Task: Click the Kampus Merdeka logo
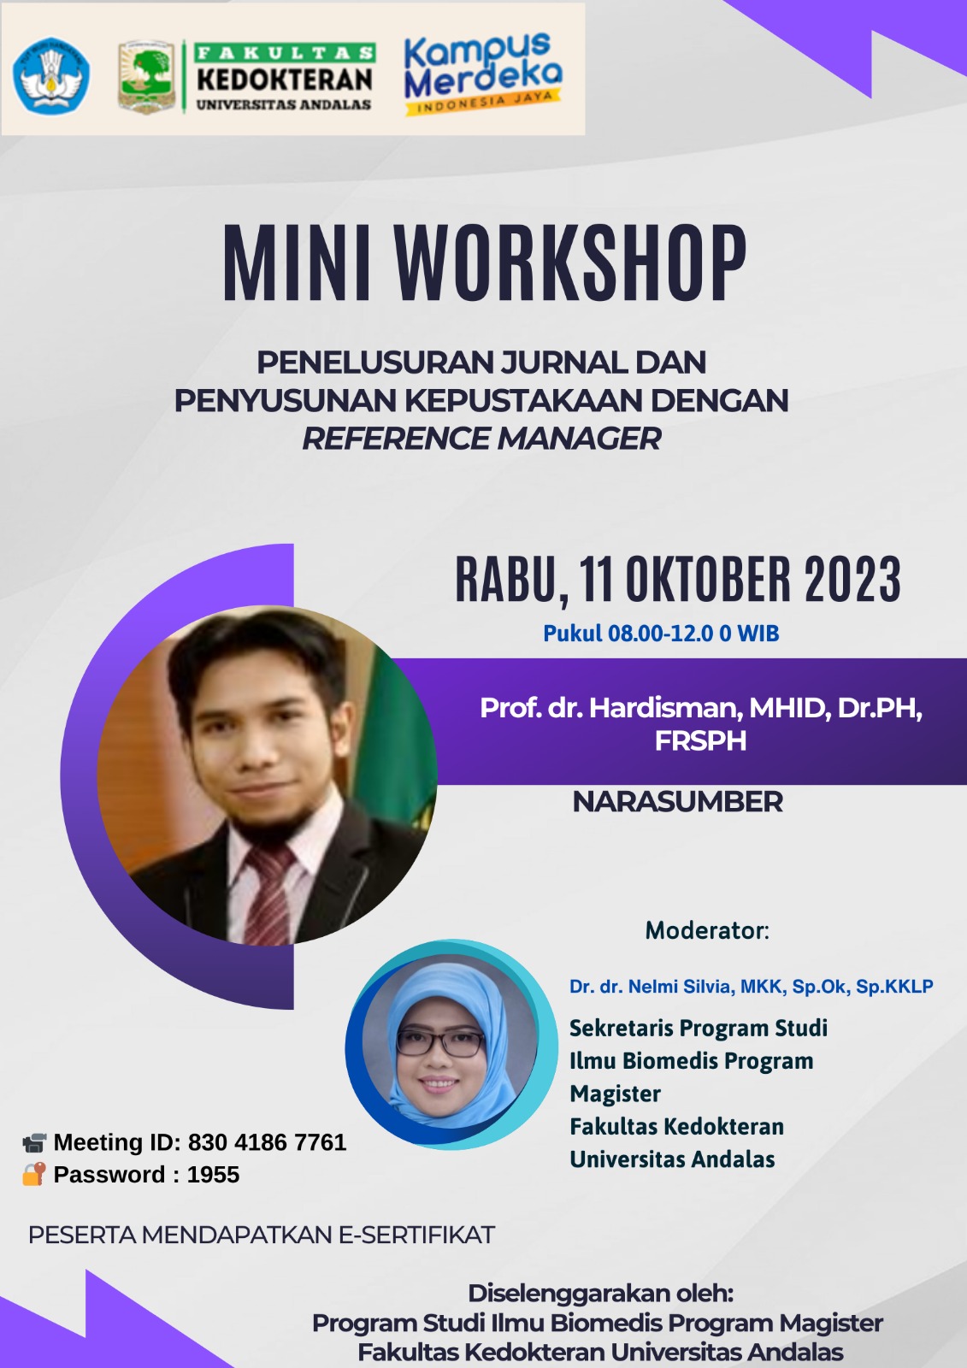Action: pos(482,74)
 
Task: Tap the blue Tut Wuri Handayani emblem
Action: pos(51,76)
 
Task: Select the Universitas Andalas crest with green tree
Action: pos(146,77)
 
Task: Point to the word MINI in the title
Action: pos(297,263)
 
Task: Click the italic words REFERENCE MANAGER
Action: pos(482,438)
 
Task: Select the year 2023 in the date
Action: pos(852,579)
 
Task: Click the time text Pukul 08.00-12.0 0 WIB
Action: pos(661,634)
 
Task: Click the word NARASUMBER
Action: pos(677,802)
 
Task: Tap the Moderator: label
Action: pos(707,930)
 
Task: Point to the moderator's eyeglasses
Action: pos(441,1044)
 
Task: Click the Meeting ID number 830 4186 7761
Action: pos(267,1142)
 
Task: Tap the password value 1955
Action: pos(213,1175)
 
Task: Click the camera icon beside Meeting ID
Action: pos(34,1142)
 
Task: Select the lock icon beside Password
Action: pos(33,1174)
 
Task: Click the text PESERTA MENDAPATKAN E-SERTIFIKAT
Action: pos(262,1235)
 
